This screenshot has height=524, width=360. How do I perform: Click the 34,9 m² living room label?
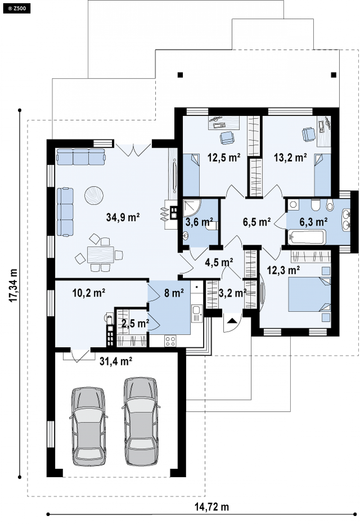123,217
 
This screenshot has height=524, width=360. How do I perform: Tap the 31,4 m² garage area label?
116,361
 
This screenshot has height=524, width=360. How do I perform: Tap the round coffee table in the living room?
94,196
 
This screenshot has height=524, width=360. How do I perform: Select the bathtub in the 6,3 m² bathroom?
307,237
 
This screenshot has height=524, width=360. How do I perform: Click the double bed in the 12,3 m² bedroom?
310,294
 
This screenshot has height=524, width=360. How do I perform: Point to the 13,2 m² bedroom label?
290,158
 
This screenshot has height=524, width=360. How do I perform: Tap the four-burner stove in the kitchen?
170,341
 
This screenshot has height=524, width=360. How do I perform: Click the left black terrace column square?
180,75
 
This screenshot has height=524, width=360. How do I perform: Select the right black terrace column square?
334,75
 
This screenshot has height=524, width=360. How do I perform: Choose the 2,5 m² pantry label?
135,324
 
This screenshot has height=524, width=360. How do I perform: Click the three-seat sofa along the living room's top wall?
81,157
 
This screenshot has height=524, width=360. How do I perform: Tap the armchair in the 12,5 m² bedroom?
227,137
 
